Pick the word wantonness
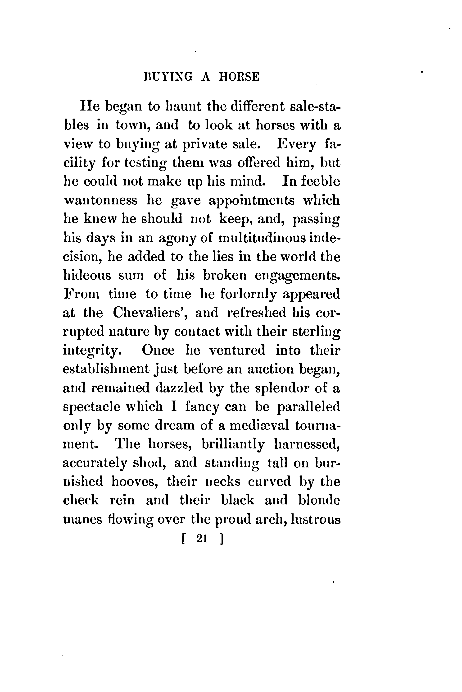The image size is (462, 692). [100, 200]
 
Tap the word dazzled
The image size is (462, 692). [179, 388]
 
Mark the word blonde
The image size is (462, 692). [319, 500]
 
